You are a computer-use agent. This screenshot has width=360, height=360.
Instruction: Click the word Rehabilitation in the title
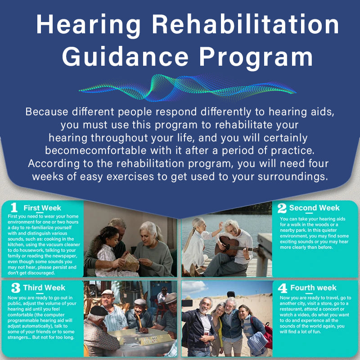point(245,24)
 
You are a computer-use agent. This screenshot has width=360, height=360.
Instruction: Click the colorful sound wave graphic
point(187,88)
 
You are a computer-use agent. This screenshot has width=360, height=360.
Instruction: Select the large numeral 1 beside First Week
point(14,207)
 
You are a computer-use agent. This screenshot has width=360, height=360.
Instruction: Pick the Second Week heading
point(314,208)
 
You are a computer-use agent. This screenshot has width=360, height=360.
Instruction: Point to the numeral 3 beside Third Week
point(16,288)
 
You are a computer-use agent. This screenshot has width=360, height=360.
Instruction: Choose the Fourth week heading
point(313,288)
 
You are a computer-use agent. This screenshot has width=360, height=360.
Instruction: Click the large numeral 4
point(283,288)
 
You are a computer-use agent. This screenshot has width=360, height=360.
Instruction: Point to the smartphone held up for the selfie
point(187,303)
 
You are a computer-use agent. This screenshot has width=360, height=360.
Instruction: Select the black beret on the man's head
point(98,310)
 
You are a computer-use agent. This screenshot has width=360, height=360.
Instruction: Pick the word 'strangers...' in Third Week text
point(19,337)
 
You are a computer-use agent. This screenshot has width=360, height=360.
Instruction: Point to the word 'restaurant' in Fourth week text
point(291,309)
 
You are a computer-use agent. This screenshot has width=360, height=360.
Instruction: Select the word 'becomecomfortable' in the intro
point(96,151)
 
